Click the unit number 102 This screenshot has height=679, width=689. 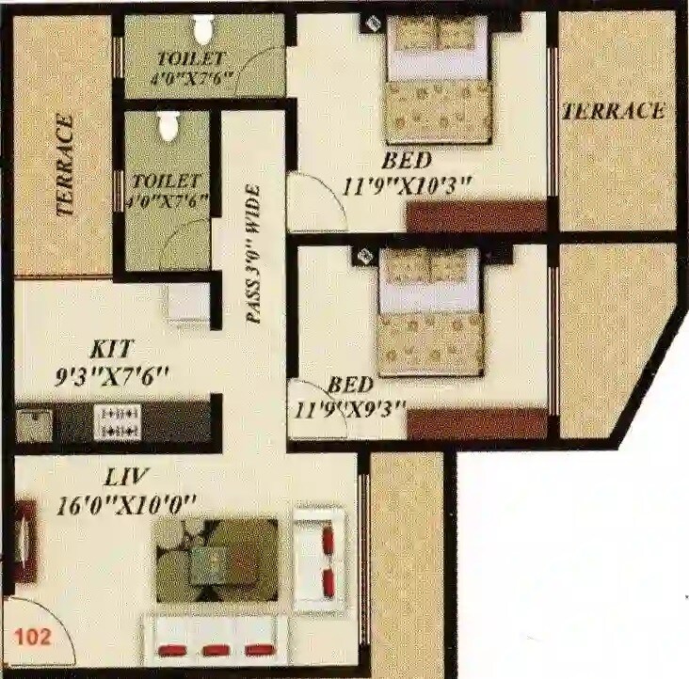32,635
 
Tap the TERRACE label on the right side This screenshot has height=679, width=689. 614,111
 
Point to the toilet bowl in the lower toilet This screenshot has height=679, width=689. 168,127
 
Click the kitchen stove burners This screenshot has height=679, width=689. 119,422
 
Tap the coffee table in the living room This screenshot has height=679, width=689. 216,561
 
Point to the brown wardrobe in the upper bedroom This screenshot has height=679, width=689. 476,216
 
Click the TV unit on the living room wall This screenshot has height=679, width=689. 25,541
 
